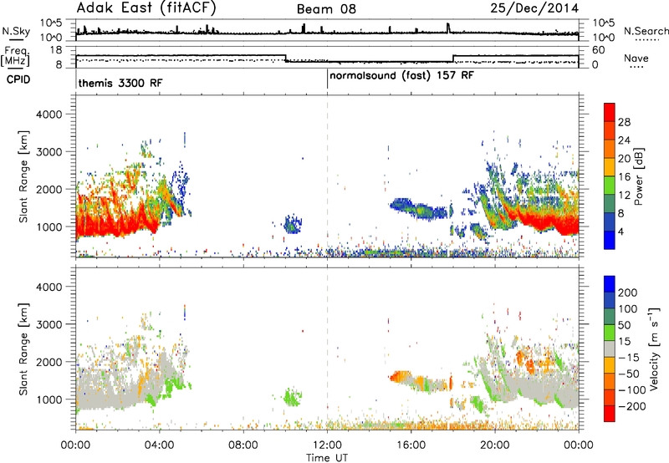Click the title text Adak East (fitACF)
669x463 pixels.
(x=146, y=8)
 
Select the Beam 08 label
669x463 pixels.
(x=326, y=9)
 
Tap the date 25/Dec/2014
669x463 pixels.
(x=534, y=8)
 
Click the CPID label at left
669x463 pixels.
(x=18, y=79)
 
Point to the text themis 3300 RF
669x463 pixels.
(x=120, y=83)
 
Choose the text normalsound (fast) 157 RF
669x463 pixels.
(x=401, y=76)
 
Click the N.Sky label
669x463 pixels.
(x=16, y=31)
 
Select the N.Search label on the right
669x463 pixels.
(x=646, y=31)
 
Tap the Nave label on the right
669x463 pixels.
(x=636, y=59)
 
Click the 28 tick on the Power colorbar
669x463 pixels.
(x=624, y=122)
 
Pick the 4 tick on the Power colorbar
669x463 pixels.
(x=620, y=231)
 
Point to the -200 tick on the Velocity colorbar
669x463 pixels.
(x=631, y=406)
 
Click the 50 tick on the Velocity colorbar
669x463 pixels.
(x=624, y=325)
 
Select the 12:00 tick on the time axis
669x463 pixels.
(x=327, y=445)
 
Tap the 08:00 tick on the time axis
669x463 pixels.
(x=243, y=445)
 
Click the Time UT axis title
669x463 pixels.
(x=327, y=458)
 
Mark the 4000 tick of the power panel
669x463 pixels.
(x=49, y=114)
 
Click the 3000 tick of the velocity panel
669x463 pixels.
(x=49, y=324)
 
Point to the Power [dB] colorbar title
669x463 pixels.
(x=639, y=176)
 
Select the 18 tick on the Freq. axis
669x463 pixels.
(x=56, y=50)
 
